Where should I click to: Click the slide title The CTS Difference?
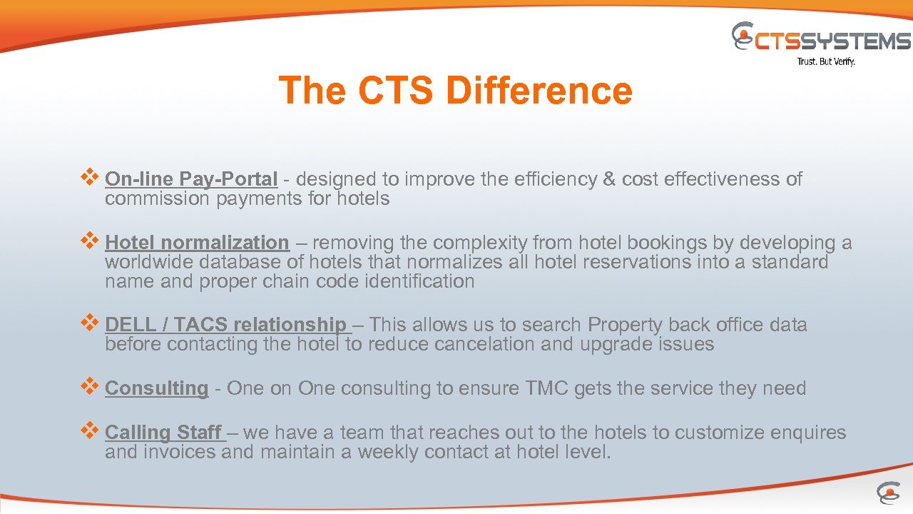pyautogui.click(x=455, y=91)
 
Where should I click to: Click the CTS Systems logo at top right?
pyautogui.click(x=821, y=39)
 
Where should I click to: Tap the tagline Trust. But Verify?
pyautogui.click(x=825, y=62)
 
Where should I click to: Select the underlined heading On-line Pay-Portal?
pyautogui.click(x=190, y=179)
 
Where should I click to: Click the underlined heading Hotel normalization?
pyautogui.click(x=197, y=243)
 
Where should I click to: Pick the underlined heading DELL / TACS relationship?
pyautogui.click(x=227, y=325)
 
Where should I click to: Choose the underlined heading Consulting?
pyautogui.click(x=156, y=388)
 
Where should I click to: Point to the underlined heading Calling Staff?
pyautogui.click(x=164, y=433)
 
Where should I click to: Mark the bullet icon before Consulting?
pyautogui.click(x=90, y=387)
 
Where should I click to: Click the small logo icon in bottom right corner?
pyautogui.click(x=888, y=493)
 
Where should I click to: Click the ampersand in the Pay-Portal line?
pyautogui.click(x=608, y=179)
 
